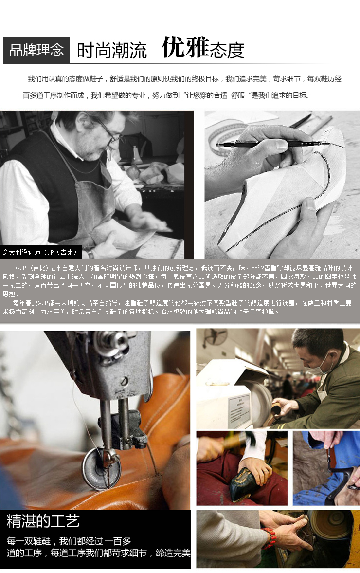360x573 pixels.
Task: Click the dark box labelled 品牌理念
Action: tap(36, 50)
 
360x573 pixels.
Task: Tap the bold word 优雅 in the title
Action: tap(185, 47)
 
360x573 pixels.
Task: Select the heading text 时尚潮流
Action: tap(112, 51)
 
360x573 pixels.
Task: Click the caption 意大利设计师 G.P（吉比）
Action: tap(40, 252)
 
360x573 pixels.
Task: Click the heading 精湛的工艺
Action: tap(43, 521)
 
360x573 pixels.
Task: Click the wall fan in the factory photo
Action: tap(215, 336)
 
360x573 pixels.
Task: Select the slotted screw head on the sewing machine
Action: tap(124, 381)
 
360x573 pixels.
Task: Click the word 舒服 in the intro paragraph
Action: tap(238, 96)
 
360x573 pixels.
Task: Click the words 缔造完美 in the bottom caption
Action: tap(173, 553)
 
